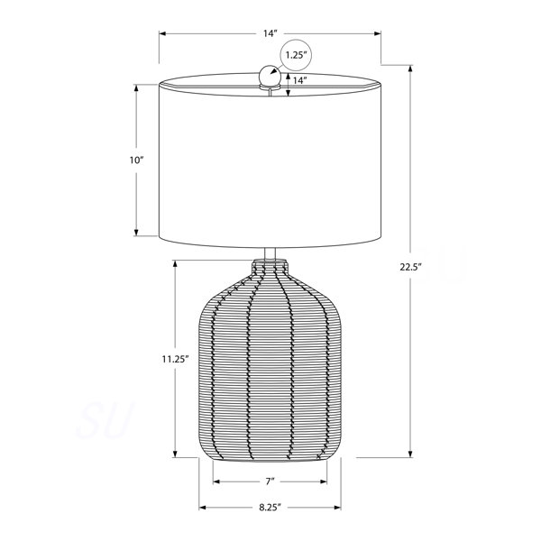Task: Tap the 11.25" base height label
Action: (175, 359)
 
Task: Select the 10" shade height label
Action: (136, 160)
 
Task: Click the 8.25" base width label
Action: (270, 507)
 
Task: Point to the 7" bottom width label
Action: (270, 481)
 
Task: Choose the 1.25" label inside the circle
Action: (296, 55)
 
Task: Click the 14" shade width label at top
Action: (270, 33)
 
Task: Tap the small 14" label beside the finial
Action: (300, 80)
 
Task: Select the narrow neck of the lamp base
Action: (270, 266)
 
